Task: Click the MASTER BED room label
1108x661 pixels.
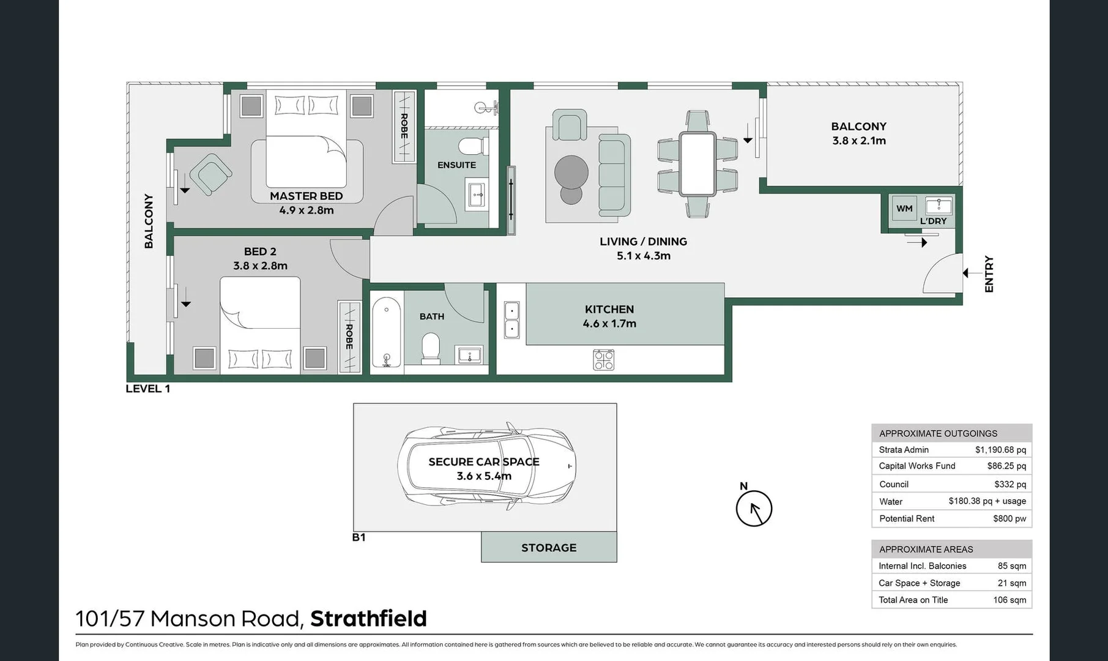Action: (306, 196)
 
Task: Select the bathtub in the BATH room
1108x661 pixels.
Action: (386, 332)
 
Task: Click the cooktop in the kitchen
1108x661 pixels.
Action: (603, 360)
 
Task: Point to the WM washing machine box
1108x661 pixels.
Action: (904, 208)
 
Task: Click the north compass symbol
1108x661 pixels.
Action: (754, 509)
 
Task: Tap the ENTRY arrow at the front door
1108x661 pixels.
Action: (968, 273)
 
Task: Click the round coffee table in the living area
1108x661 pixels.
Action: (571, 173)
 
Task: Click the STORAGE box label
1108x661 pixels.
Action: (549, 547)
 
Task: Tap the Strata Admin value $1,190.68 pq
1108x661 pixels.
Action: (1000, 450)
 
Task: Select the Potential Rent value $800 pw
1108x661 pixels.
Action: (1009, 518)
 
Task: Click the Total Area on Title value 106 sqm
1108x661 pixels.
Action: (1009, 600)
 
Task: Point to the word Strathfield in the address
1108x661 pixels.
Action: (368, 619)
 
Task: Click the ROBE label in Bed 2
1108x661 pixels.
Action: (349, 337)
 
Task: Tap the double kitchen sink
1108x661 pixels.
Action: (511, 320)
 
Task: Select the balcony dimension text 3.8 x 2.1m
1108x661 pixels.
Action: (858, 141)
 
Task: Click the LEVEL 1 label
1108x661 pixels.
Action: (147, 389)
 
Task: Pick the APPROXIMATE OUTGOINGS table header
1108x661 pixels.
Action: (938, 433)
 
